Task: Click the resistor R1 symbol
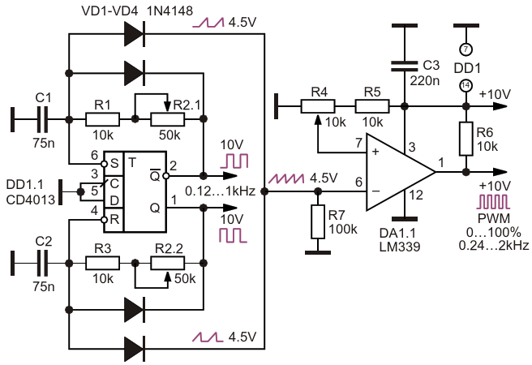[x=102, y=119]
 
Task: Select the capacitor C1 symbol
[x=42, y=119]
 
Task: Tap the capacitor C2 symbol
[x=42, y=264]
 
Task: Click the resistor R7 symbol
[x=318, y=221]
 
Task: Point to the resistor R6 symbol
[x=466, y=139]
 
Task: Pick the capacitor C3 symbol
[x=404, y=67]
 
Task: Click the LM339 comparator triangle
[x=401, y=172]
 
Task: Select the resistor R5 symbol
[x=372, y=106]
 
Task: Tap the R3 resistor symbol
[x=102, y=264]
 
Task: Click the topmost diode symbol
[x=135, y=34]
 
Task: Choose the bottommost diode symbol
[x=135, y=349]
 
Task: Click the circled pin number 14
[x=466, y=85]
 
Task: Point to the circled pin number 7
[x=466, y=49]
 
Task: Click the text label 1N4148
[x=169, y=11]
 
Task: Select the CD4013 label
[x=31, y=200]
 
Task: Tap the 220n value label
[x=425, y=81]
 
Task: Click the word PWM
[x=494, y=218]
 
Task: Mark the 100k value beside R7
[x=343, y=230]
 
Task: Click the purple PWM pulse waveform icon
[x=493, y=202]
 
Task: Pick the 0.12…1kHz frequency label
[x=221, y=191]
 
